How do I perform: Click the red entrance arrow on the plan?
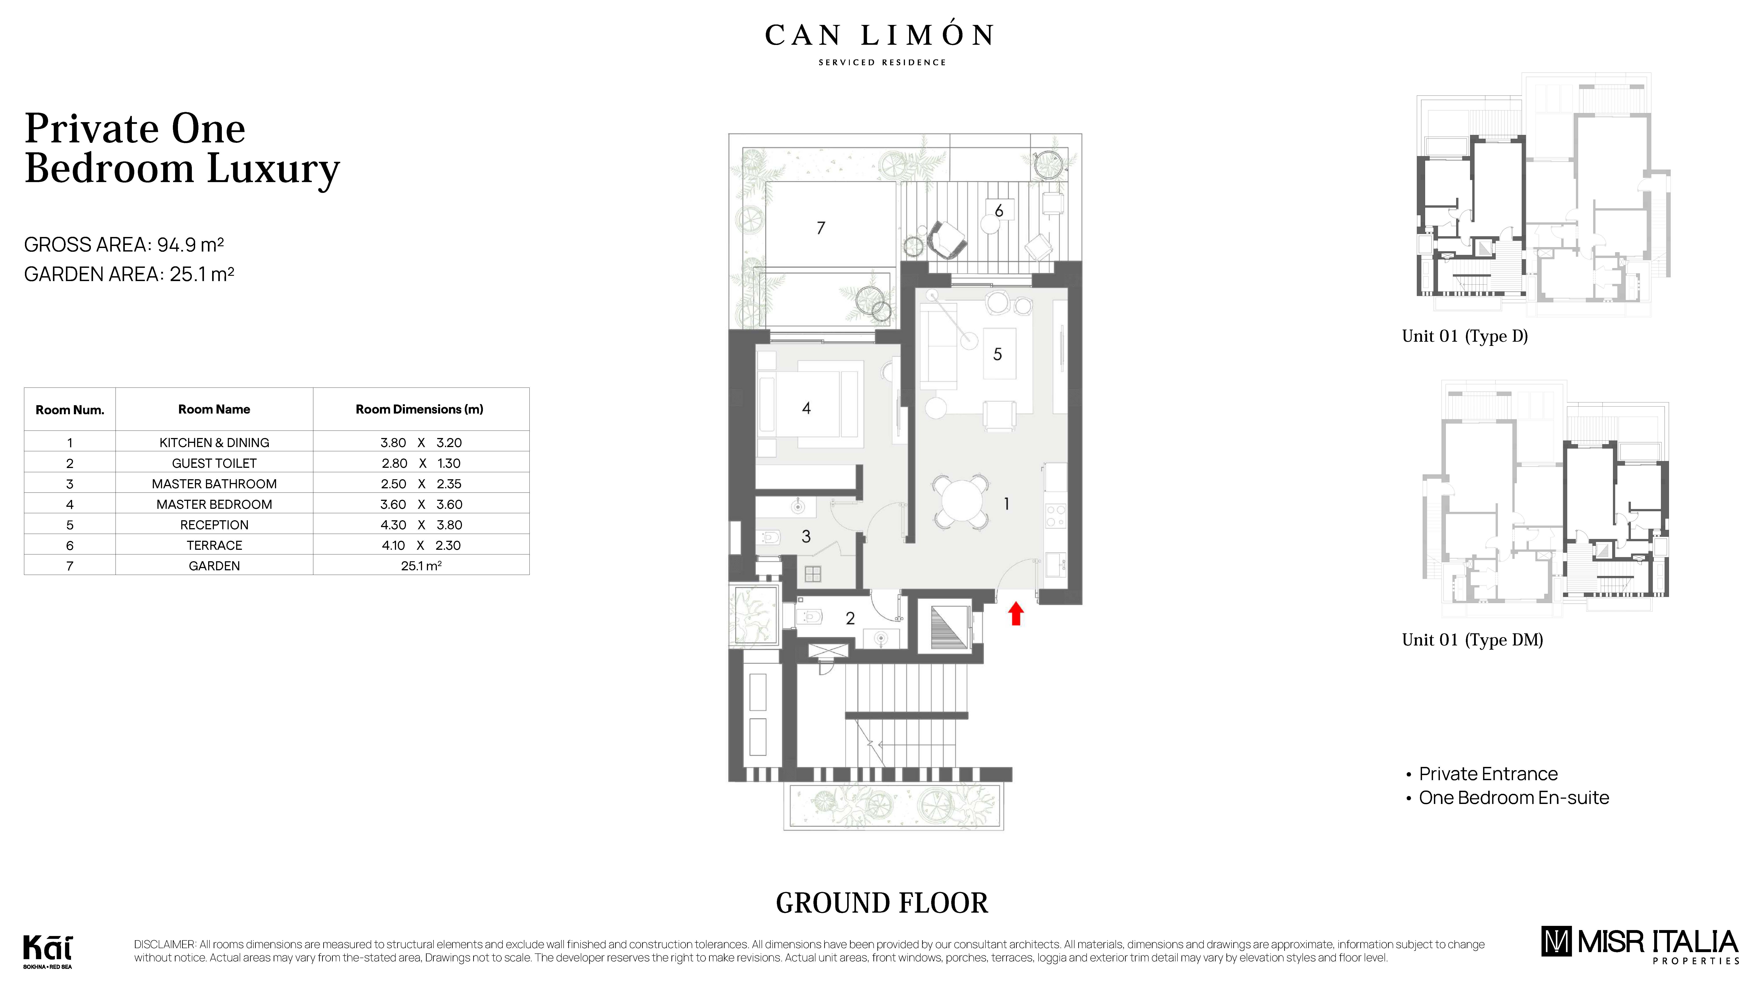(x=1016, y=613)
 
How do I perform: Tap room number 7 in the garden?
(x=820, y=228)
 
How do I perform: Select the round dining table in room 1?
(x=962, y=501)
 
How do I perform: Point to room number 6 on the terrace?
(x=998, y=211)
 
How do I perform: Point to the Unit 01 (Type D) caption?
(x=1465, y=336)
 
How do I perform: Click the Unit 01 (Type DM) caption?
(x=1472, y=640)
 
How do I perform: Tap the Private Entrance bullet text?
(x=1488, y=774)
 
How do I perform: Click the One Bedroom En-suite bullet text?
(x=1513, y=798)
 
